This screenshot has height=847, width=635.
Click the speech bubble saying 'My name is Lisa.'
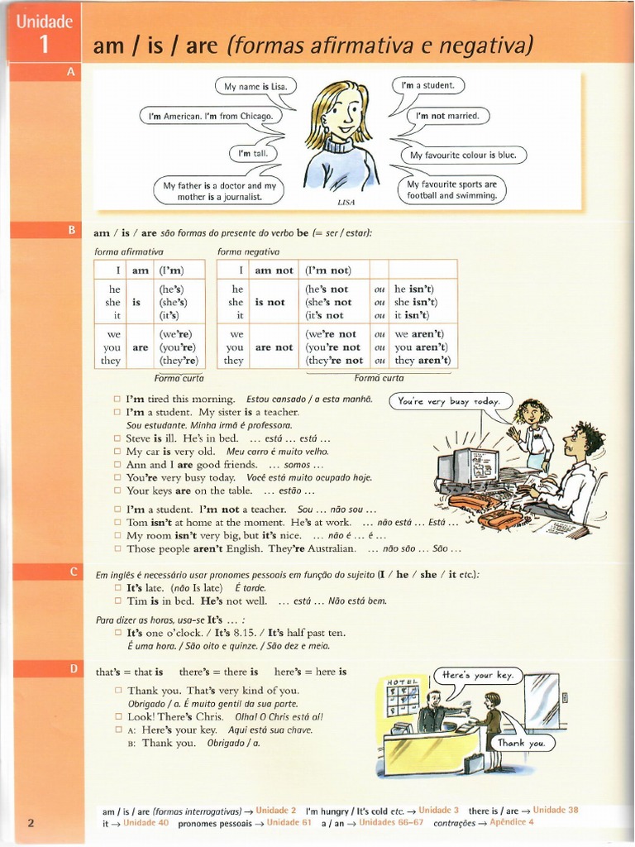pos(255,86)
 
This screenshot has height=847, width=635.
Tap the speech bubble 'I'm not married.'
pos(446,117)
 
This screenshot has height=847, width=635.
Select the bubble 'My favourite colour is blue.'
pos(463,155)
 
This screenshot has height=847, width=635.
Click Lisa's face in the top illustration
pos(342,112)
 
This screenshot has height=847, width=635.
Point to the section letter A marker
pos(71,73)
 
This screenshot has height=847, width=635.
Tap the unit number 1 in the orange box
pos(44,47)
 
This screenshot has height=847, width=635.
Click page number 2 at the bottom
pos(31,823)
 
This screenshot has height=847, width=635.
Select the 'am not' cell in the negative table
pos(274,270)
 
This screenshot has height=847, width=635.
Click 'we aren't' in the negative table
pos(419,334)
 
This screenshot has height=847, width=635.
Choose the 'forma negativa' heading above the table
pos(248,251)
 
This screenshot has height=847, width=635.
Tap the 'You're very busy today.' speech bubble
pos(449,401)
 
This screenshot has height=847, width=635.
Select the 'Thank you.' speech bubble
pos(521,743)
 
